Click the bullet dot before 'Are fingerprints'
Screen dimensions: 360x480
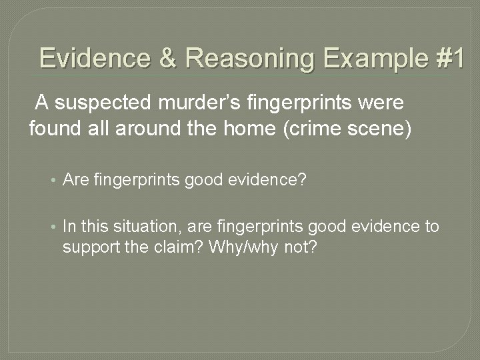(x=53, y=179)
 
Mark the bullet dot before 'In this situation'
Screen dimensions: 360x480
(x=53, y=227)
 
